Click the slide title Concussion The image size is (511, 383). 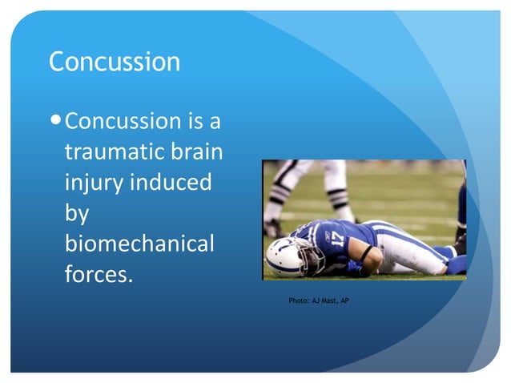click(x=115, y=62)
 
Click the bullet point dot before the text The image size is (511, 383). click(x=55, y=122)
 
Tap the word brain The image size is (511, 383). click(x=199, y=151)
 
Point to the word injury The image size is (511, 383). click(x=91, y=183)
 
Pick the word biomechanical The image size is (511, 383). click(x=139, y=243)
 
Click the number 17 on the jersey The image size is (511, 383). click(x=336, y=238)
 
